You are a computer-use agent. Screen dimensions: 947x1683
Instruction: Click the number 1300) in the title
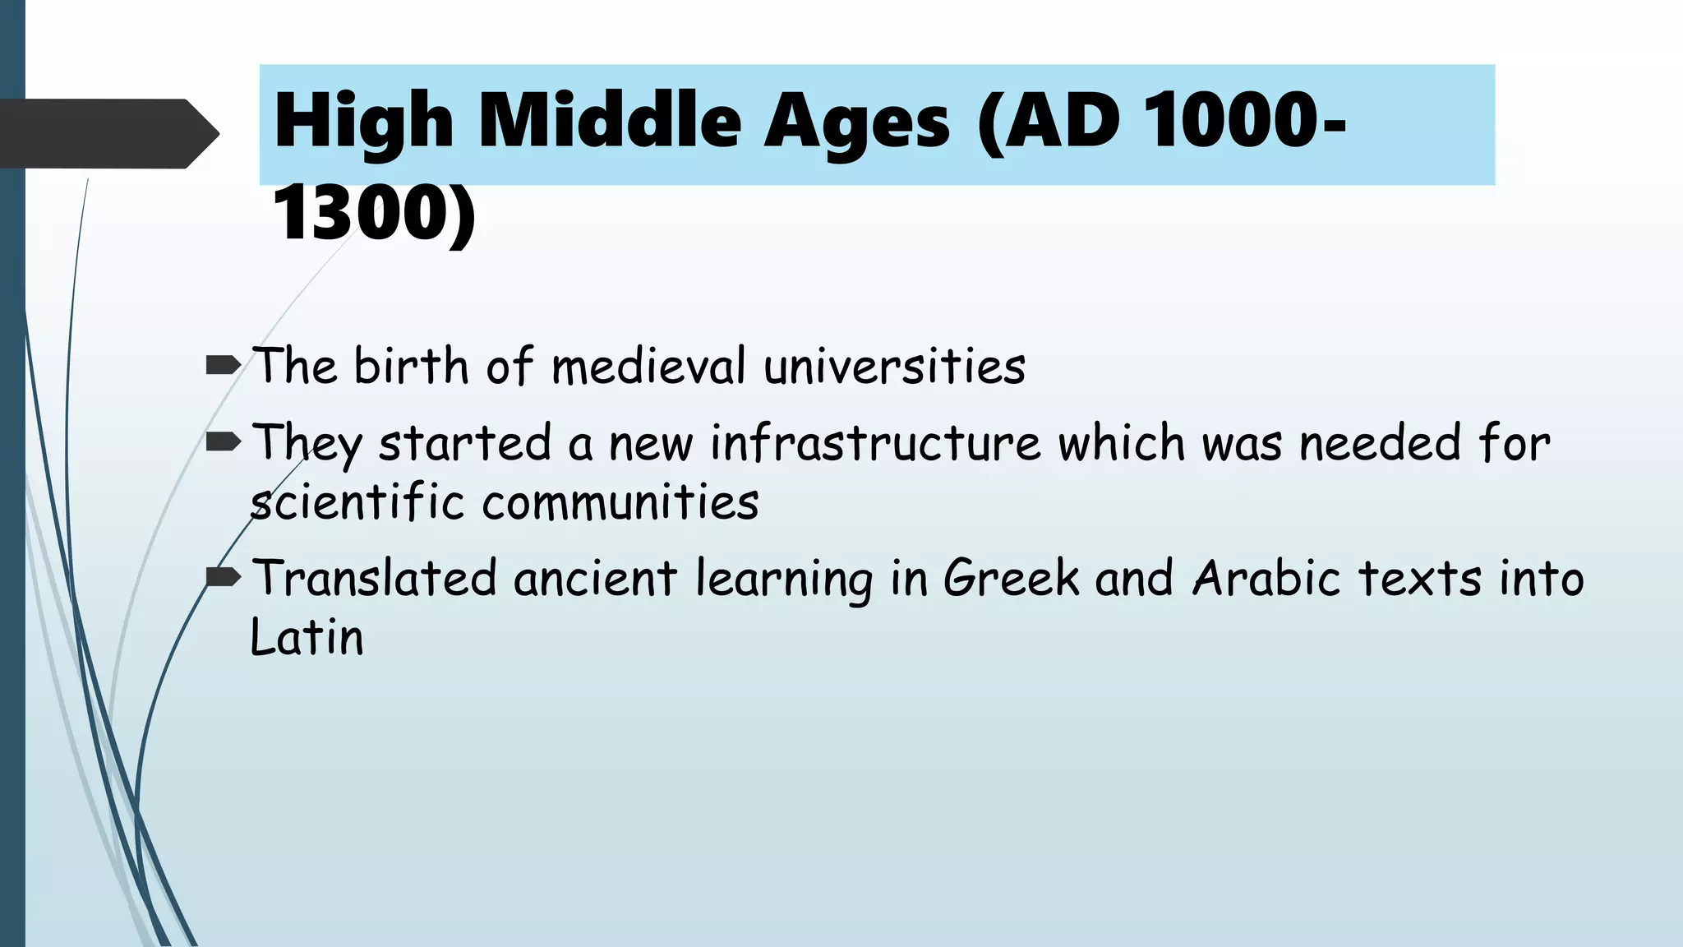(374, 214)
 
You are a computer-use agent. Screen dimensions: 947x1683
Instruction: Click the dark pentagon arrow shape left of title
(108, 133)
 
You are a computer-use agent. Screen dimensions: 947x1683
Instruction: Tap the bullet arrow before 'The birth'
(223, 365)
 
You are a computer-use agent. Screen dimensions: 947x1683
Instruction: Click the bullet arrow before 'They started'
(223, 443)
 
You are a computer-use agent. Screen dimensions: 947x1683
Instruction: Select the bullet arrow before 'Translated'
(223, 578)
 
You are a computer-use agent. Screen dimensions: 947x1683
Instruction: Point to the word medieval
(648, 366)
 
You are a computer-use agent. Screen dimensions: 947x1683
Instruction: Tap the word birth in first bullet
(410, 366)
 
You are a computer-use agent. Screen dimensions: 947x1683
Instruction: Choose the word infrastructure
(875, 443)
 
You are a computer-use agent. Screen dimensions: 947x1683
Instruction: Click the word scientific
(357, 502)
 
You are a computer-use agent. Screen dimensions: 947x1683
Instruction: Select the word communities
(620, 502)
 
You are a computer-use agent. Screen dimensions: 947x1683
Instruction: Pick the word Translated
(374, 578)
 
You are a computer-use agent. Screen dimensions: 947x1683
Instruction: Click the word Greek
(1011, 578)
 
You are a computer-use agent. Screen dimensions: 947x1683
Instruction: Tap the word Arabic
(1266, 578)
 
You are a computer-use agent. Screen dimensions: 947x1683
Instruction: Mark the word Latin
(306, 637)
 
